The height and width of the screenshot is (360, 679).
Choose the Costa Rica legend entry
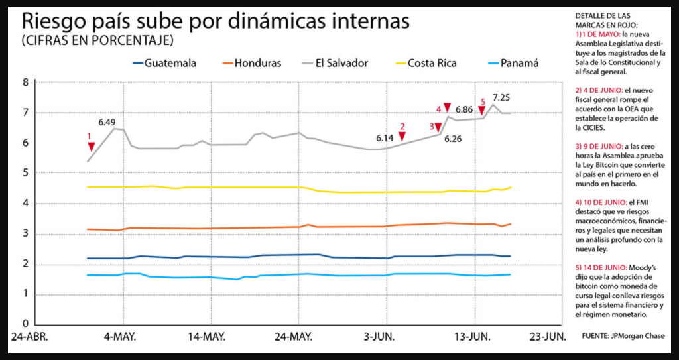point(431,64)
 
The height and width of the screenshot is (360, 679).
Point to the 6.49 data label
point(107,122)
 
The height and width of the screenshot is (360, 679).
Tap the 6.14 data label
point(385,138)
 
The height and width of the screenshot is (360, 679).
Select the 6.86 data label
point(464,109)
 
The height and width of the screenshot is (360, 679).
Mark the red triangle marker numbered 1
point(91,146)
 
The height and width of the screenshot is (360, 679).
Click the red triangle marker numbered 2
point(402,137)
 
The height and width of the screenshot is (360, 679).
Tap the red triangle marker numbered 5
point(482,111)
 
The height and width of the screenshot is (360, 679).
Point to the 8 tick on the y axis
point(26,83)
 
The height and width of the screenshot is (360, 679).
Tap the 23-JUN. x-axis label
point(547,337)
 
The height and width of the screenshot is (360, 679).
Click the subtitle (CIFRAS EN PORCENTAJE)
point(97,40)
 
